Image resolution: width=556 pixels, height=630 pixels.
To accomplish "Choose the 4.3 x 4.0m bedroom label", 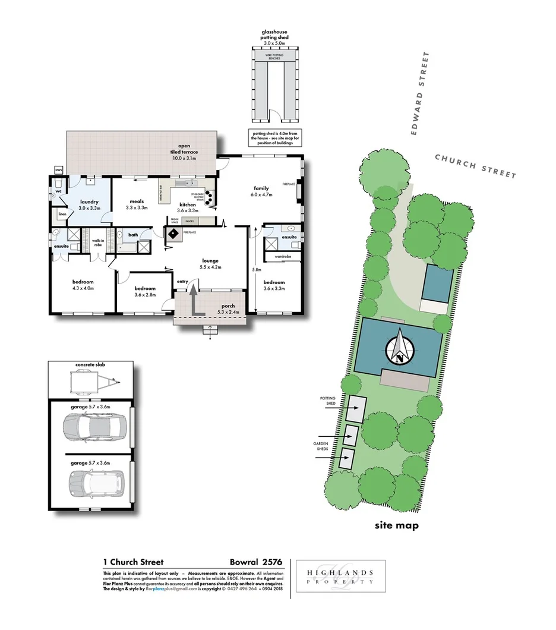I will tap(83, 285).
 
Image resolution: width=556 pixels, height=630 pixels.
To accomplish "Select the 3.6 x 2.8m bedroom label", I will tap(144, 291).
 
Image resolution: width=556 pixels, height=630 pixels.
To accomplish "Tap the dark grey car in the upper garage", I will tap(94, 427).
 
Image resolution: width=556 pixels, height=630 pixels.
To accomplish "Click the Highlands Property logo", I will tap(340, 577).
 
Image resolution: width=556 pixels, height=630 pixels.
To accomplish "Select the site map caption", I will tap(397, 525).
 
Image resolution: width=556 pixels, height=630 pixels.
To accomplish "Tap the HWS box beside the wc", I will tap(58, 170).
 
